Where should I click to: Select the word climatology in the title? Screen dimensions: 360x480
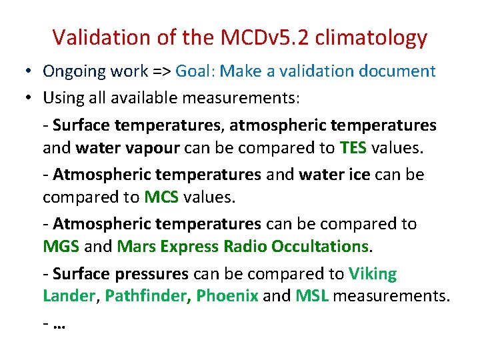[372, 37]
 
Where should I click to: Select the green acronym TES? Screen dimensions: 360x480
[353, 148]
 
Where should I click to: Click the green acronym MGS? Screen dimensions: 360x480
[61, 247]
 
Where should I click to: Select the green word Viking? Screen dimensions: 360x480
[372, 274]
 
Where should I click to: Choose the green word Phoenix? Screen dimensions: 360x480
[227, 296]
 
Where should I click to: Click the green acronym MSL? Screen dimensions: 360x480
[312, 296]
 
